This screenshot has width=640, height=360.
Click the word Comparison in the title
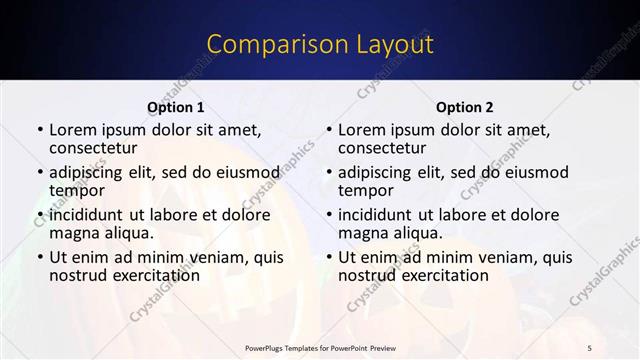click(x=265, y=45)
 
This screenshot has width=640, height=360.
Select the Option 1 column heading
click(x=176, y=107)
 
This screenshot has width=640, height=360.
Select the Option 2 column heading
click(x=465, y=107)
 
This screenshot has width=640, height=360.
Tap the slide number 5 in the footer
click(x=590, y=347)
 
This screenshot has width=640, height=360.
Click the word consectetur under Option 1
click(x=92, y=148)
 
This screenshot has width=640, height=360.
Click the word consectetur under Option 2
click(x=381, y=148)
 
